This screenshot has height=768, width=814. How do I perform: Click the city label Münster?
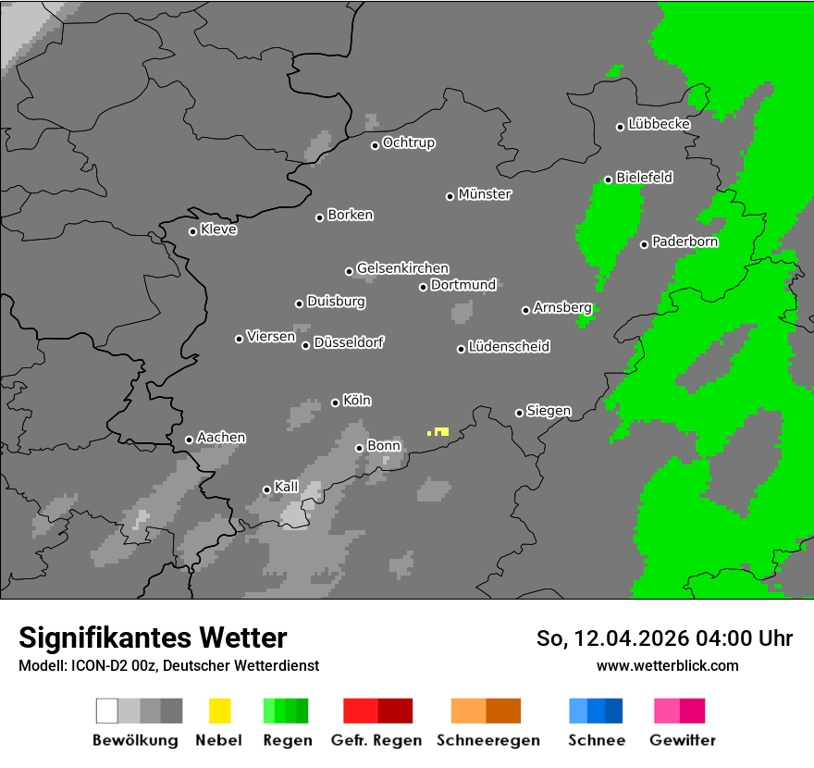pyautogui.click(x=485, y=194)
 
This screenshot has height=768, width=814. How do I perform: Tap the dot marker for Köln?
pyautogui.click(x=335, y=403)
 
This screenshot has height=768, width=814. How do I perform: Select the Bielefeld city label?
pyautogui.click(x=644, y=178)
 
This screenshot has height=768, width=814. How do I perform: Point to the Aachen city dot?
pyautogui.click(x=189, y=440)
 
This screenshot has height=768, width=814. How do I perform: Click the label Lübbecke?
pyautogui.click(x=659, y=124)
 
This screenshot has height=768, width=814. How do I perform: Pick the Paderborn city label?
pyautogui.click(x=684, y=242)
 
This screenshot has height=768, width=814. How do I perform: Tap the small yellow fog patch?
pyautogui.click(x=440, y=432)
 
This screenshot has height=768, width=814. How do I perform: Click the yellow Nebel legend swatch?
pyautogui.click(x=219, y=711)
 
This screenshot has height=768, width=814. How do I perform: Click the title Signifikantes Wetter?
pyautogui.click(x=153, y=638)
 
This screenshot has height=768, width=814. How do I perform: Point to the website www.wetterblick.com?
pyautogui.click(x=667, y=665)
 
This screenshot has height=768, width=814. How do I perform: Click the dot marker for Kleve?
pyautogui.click(x=192, y=231)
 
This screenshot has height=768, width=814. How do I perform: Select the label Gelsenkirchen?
pyautogui.click(x=402, y=268)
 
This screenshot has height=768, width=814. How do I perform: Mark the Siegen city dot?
pyautogui.click(x=519, y=413)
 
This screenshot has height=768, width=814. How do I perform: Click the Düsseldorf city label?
pyautogui.click(x=349, y=342)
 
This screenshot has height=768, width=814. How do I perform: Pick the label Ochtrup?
pyautogui.click(x=409, y=142)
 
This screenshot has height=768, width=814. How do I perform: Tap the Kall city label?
pyautogui.click(x=286, y=487)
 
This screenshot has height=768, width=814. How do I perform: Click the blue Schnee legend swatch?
pyautogui.click(x=596, y=711)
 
